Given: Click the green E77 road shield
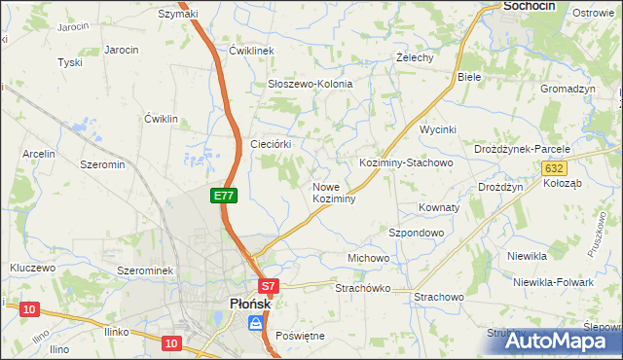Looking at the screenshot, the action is [x=224, y=196].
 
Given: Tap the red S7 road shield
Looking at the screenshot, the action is [x=270, y=287].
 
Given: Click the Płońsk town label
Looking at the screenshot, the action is [x=249, y=304].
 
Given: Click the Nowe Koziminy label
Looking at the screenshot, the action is [x=333, y=192].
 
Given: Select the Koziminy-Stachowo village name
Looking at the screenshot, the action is [x=406, y=162].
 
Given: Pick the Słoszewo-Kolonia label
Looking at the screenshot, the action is [x=311, y=84].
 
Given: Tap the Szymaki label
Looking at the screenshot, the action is [x=178, y=14].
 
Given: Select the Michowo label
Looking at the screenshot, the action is [x=369, y=258].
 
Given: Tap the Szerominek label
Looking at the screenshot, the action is [x=144, y=270].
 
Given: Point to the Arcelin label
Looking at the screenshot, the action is [x=39, y=154].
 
